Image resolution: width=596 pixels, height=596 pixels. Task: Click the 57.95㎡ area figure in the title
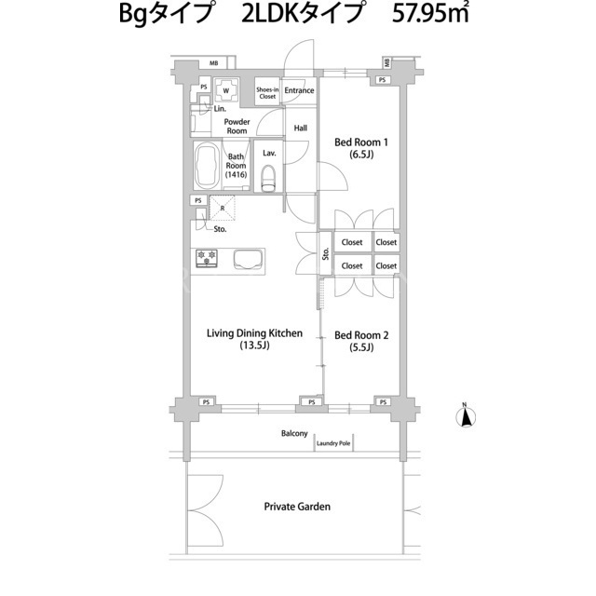click(430, 14)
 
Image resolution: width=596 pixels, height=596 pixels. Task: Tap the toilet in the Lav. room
click(269, 178)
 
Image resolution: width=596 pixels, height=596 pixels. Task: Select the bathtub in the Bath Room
click(207, 166)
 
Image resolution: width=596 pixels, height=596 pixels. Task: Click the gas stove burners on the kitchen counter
click(207, 258)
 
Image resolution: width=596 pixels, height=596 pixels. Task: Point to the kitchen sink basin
click(249, 260)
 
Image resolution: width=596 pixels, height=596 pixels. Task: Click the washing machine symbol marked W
click(226, 90)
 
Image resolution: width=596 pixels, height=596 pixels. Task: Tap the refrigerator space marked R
click(223, 208)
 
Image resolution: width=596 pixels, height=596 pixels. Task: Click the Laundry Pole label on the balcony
click(333, 443)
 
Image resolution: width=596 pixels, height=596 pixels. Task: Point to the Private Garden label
click(297, 507)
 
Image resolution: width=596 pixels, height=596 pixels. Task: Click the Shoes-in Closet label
click(267, 93)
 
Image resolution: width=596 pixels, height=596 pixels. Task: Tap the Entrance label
click(299, 90)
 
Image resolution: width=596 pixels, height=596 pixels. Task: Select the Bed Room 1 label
click(361, 148)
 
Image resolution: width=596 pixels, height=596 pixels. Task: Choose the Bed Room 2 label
click(361, 341)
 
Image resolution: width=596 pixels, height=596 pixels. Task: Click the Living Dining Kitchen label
click(254, 339)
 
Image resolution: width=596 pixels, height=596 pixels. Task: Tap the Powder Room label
click(237, 127)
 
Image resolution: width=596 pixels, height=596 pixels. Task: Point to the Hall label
click(300, 129)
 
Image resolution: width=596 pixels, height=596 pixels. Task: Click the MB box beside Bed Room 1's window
click(387, 62)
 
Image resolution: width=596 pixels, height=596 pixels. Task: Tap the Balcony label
click(294, 433)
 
